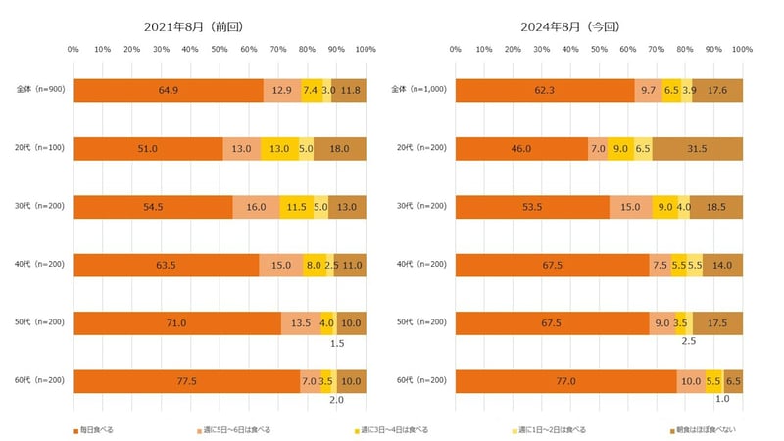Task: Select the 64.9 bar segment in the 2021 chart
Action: click(x=168, y=90)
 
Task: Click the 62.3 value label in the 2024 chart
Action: click(x=544, y=90)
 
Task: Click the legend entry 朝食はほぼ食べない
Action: click(x=706, y=429)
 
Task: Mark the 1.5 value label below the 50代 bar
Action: click(x=337, y=343)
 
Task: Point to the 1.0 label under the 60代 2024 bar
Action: click(x=722, y=399)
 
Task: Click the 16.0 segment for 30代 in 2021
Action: click(x=256, y=207)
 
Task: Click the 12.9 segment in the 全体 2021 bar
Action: click(x=282, y=90)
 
